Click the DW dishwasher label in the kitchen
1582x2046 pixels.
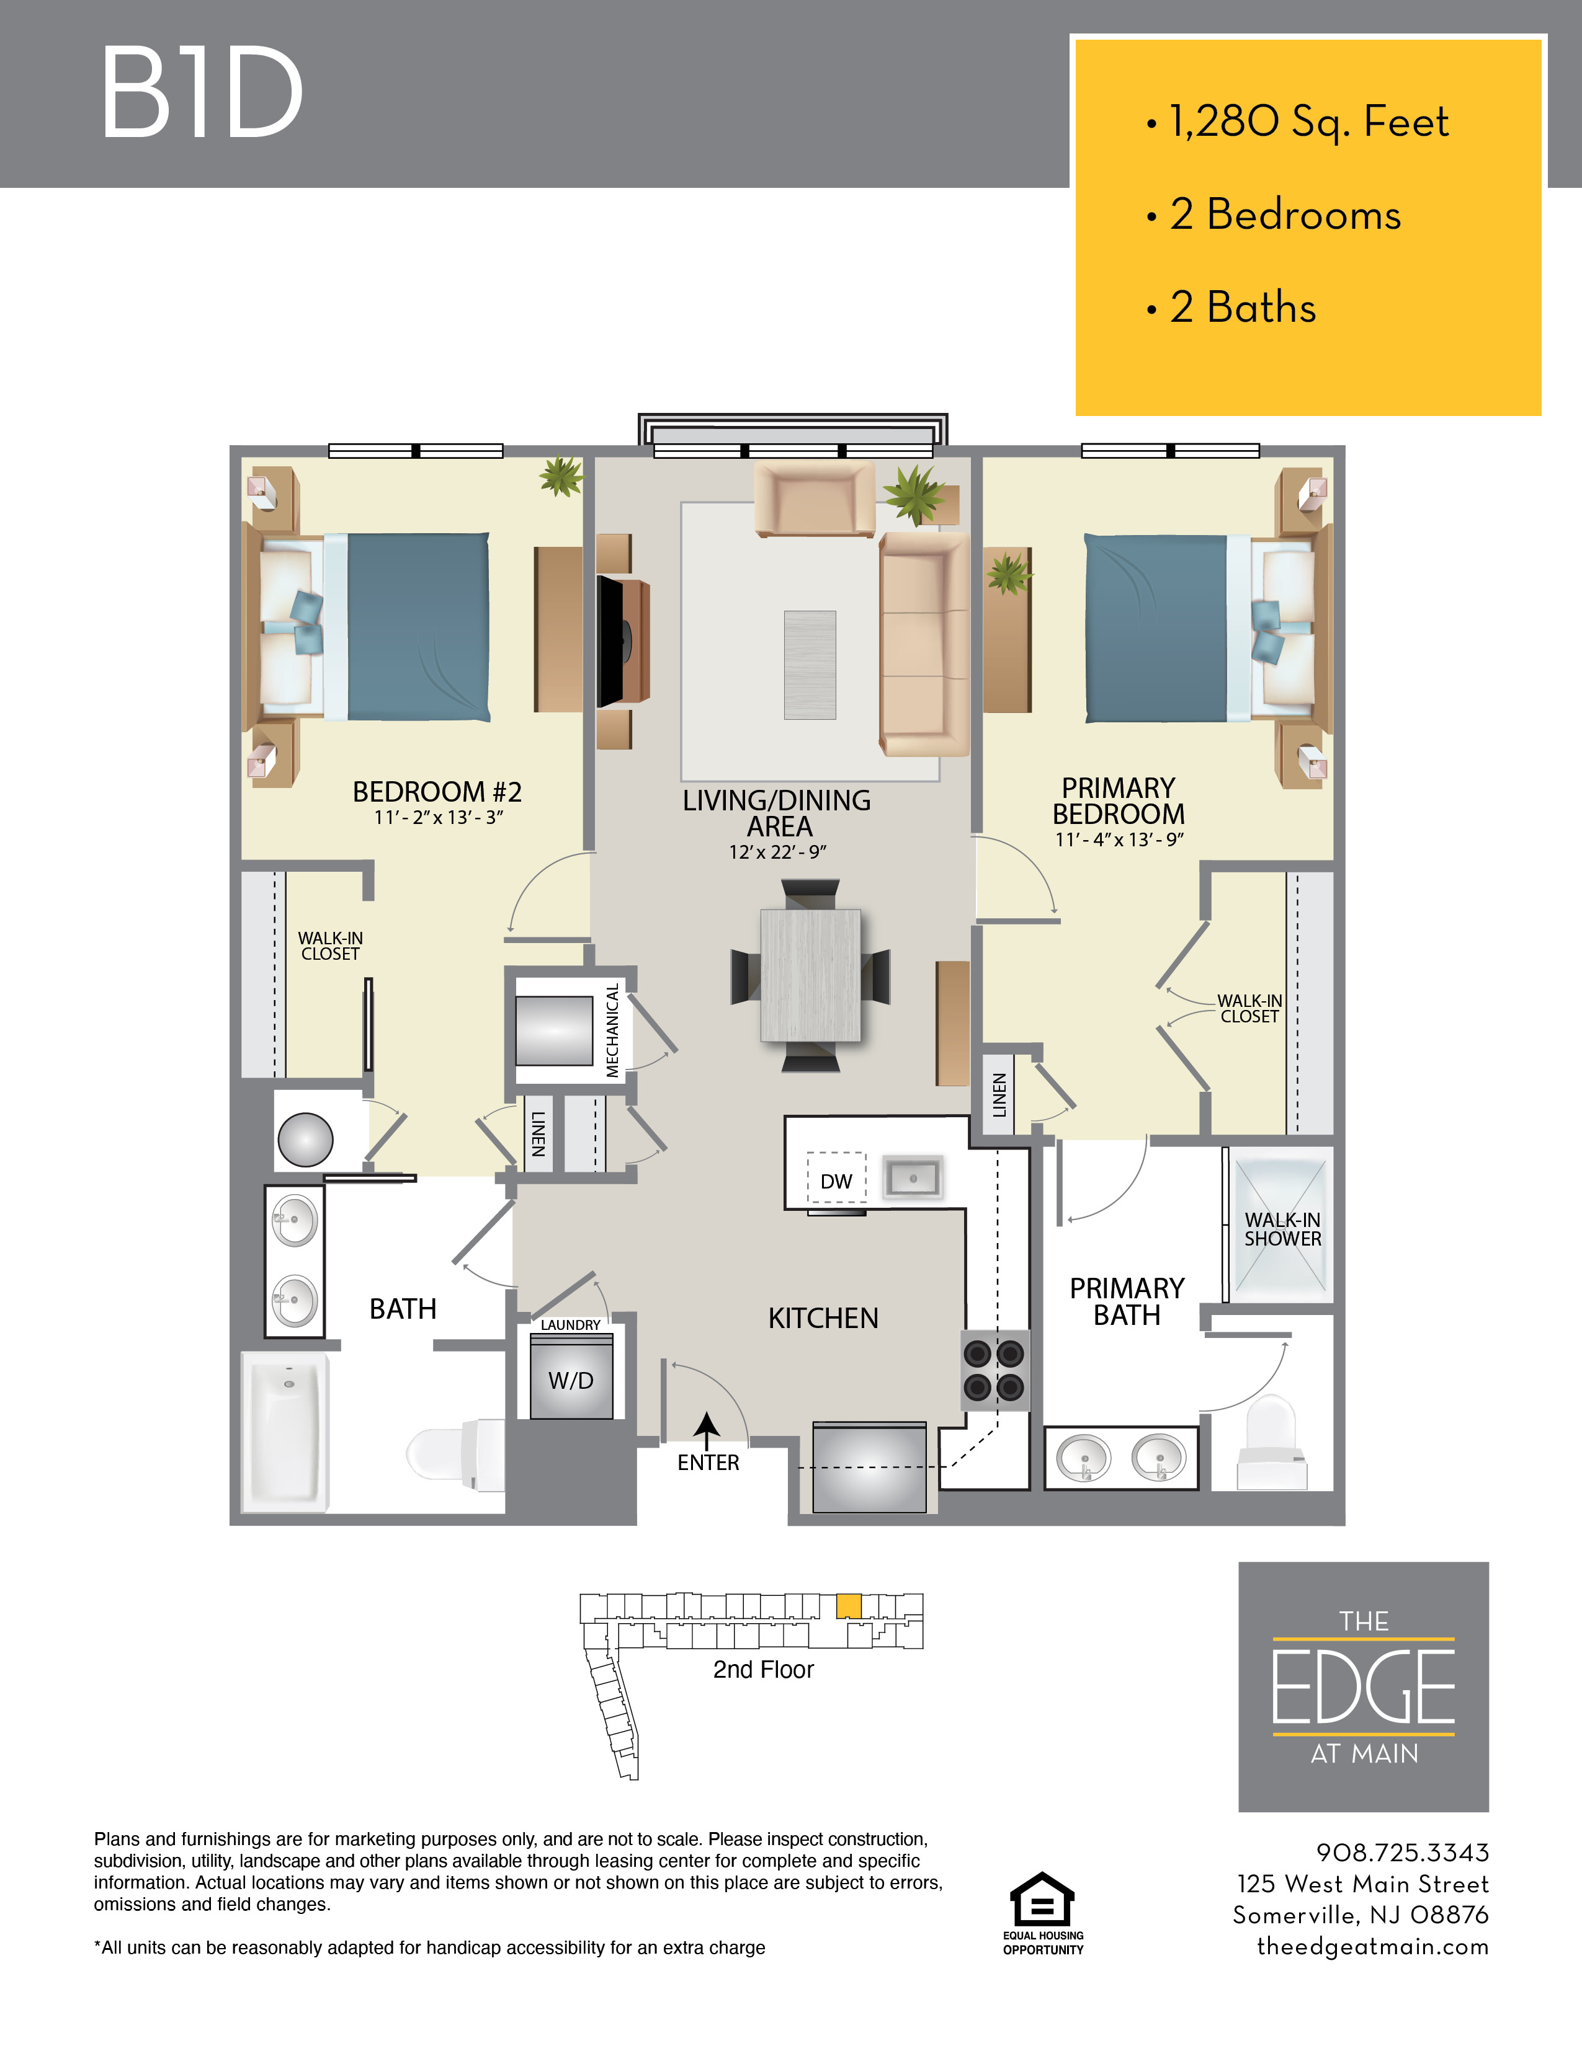coord(836,1181)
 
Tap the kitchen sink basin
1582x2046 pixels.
coord(913,1177)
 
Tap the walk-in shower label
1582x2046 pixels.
coord(1282,1229)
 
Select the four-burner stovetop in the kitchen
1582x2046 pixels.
coord(994,1370)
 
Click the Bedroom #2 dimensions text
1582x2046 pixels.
coord(439,818)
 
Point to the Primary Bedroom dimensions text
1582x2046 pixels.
coord(1119,839)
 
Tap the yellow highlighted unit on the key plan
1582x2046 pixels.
coord(848,1606)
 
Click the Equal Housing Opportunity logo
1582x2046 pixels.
coord(1043,1914)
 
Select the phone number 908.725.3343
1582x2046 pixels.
coord(1402,1852)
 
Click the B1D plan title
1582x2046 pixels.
coord(202,93)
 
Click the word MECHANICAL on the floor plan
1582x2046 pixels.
coord(612,1030)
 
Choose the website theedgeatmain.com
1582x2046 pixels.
coord(1373,1947)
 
